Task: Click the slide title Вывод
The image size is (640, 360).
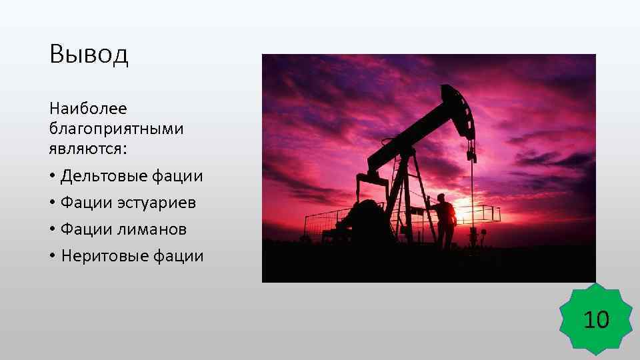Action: pyautogui.click(x=89, y=55)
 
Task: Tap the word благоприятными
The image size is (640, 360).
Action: pyautogui.click(x=116, y=128)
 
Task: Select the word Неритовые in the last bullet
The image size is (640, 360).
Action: pyautogui.click(x=101, y=256)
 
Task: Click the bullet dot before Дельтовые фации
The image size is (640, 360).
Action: pyautogui.click(x=52, y=177)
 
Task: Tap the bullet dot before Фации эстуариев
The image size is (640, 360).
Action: pyautogui.click(x=52, y=203)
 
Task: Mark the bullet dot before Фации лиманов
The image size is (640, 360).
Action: pyautogui.click(x=52, y=230)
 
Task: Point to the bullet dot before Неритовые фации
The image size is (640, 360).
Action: pyautogui.click(x=52, y=257)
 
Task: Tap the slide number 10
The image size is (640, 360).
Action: pyautogui.click(x=597, y=321)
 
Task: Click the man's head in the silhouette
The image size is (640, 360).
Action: pyautogui.click(x=440, y=197)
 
